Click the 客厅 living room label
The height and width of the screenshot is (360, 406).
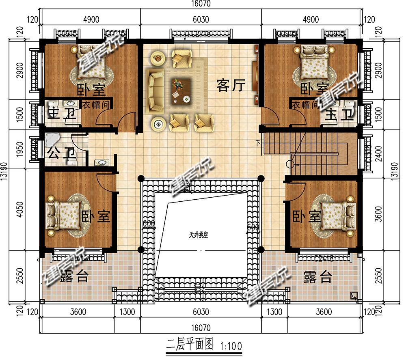click(231, 86)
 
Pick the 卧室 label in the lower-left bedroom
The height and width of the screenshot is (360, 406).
click(96, 216)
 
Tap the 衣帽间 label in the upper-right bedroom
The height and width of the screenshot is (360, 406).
click(304, 105)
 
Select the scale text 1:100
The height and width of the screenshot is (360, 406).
click(231, 346)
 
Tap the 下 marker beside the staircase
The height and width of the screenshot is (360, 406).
click(258, 142)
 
